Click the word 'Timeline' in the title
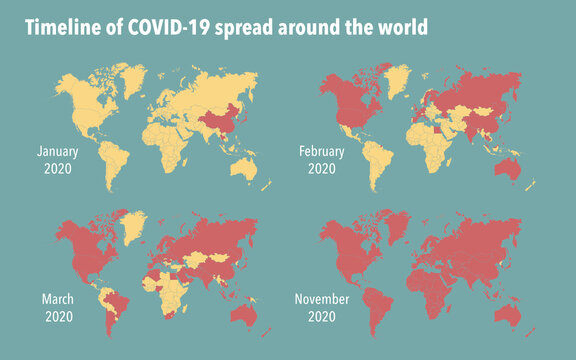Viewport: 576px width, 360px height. tap(59, 29)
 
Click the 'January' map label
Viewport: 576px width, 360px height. tap(58, 151)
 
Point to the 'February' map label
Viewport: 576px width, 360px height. tap(322, 151)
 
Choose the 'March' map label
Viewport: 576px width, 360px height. tap(58, 298)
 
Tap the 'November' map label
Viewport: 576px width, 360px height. tap(323, 298)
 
